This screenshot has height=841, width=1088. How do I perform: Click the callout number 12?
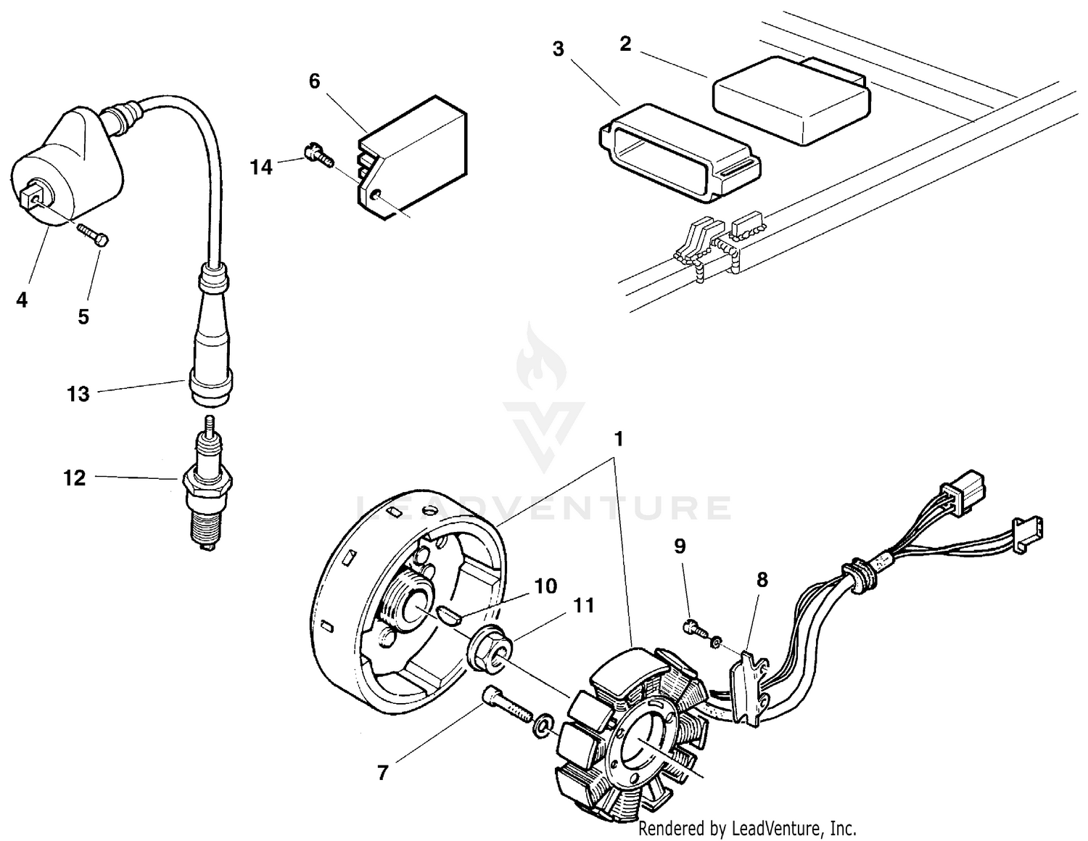tap(74, 478)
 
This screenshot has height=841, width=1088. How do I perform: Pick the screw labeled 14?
tap(318, 155)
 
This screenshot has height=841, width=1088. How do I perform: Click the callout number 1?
tap(619, 440)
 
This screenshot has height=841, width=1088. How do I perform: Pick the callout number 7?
tap(382, 774)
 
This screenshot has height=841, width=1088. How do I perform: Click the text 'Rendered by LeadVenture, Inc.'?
tap(747, 827)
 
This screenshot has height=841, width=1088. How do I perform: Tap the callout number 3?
tap(558, 49)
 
